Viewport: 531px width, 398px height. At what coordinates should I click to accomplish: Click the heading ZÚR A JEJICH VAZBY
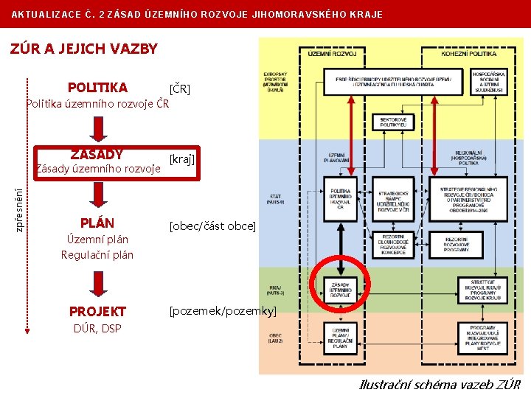(x=83, y=49)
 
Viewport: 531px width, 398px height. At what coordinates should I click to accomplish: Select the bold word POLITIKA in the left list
(x=97, y=88)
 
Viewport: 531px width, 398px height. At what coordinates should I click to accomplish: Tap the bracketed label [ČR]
(x=180, y=89)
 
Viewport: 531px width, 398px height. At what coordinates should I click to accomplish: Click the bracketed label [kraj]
(x=182, y=159)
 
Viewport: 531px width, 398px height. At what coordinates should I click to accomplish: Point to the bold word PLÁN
(x=97, y=223)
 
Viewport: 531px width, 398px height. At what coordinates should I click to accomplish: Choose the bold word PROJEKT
(x=97, y=312)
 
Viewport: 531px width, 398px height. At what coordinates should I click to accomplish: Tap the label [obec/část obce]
(x=212, y=226)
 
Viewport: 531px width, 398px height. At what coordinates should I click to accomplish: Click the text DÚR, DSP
(x=97, y=328)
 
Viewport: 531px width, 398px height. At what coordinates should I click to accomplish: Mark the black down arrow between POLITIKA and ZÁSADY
(x=97, y=130)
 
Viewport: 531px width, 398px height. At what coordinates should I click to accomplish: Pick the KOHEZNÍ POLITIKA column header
(x=470, y=54)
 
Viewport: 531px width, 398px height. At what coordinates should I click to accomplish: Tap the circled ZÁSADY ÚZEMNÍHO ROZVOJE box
(x=341, y=288)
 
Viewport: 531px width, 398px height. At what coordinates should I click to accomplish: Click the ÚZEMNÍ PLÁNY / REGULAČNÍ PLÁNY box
(x=341, y=338)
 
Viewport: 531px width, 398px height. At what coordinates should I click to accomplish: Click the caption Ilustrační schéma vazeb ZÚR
(x=440, y=385)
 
